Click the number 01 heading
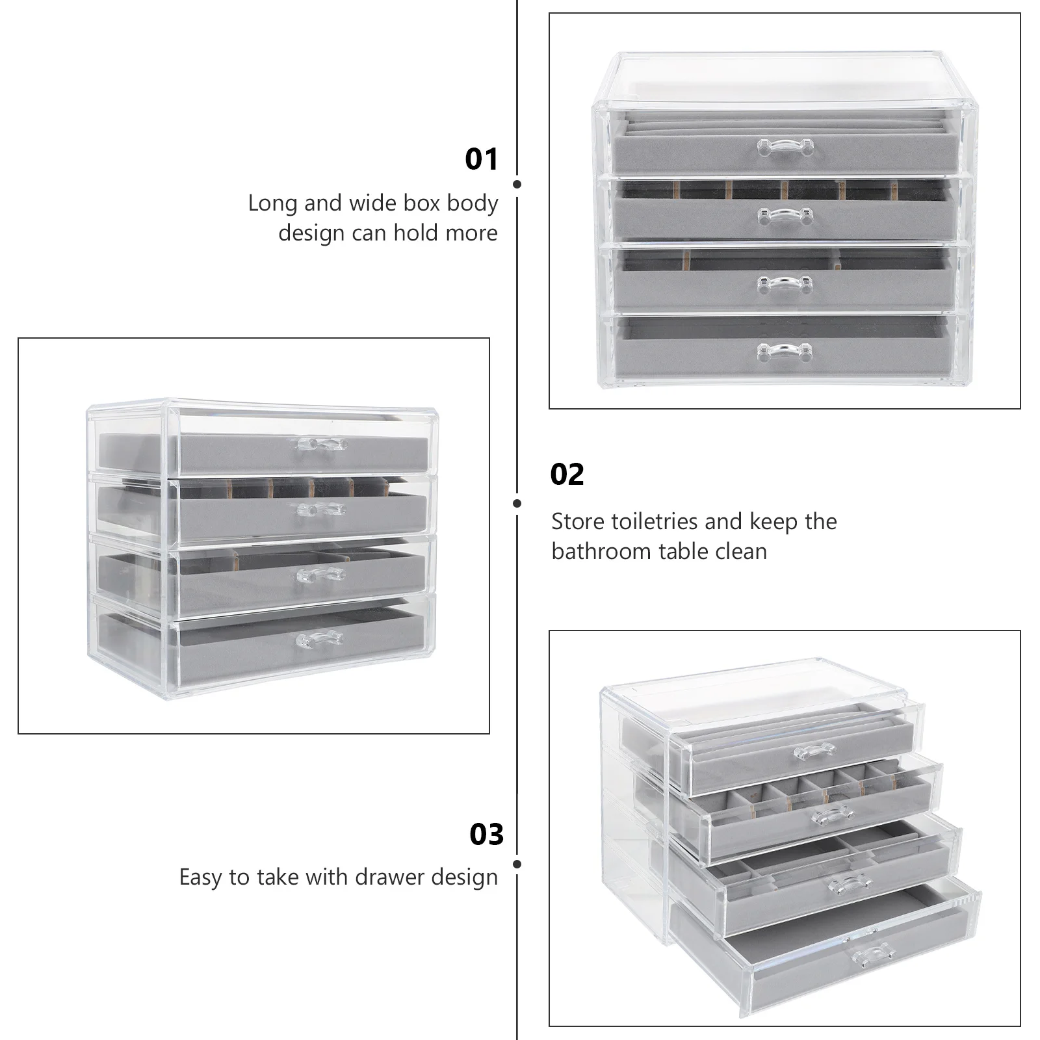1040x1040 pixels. pos(481,159)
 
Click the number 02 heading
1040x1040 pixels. pos(567,474)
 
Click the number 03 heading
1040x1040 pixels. pos(486,835)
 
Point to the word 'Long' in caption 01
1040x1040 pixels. pos(272,203)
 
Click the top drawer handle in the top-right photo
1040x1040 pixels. pos(785,148)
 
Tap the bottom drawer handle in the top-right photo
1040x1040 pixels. pos(785,352)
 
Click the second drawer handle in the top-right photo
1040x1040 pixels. pos(786,216)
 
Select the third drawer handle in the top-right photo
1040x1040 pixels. pos(785,285)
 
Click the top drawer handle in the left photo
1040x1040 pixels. pos(322,445)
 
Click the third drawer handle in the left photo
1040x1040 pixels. pos(320,574)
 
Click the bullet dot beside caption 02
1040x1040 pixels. pos(517,503)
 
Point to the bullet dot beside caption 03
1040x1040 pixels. pos(517,864)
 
